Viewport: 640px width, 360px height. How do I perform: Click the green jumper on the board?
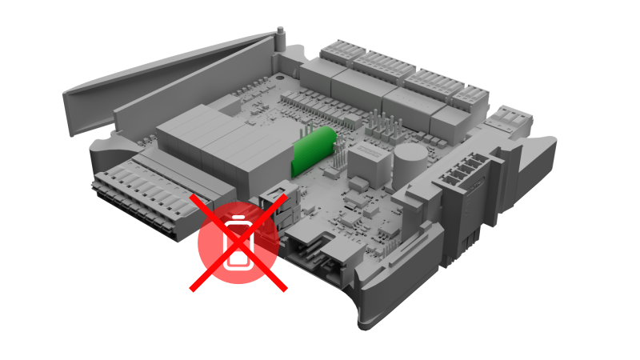[x=311, y=149]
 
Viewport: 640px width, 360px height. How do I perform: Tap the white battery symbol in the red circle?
[x=238, y=242]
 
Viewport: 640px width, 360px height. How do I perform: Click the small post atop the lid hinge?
[x=280, y=33]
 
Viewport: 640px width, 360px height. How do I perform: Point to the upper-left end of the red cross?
[x=192, y=197]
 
